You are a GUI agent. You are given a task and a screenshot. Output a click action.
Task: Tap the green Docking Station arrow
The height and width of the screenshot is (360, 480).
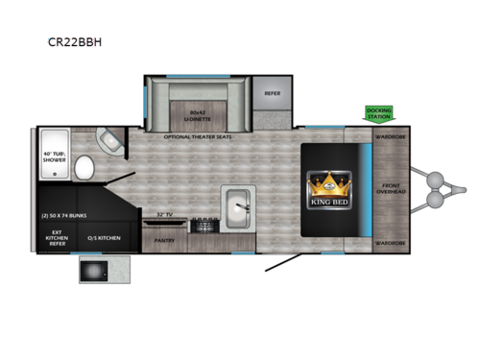377,114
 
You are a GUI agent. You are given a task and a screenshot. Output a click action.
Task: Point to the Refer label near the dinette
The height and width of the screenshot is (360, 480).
272,93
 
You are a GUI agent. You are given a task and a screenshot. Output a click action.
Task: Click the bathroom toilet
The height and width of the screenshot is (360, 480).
84,169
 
